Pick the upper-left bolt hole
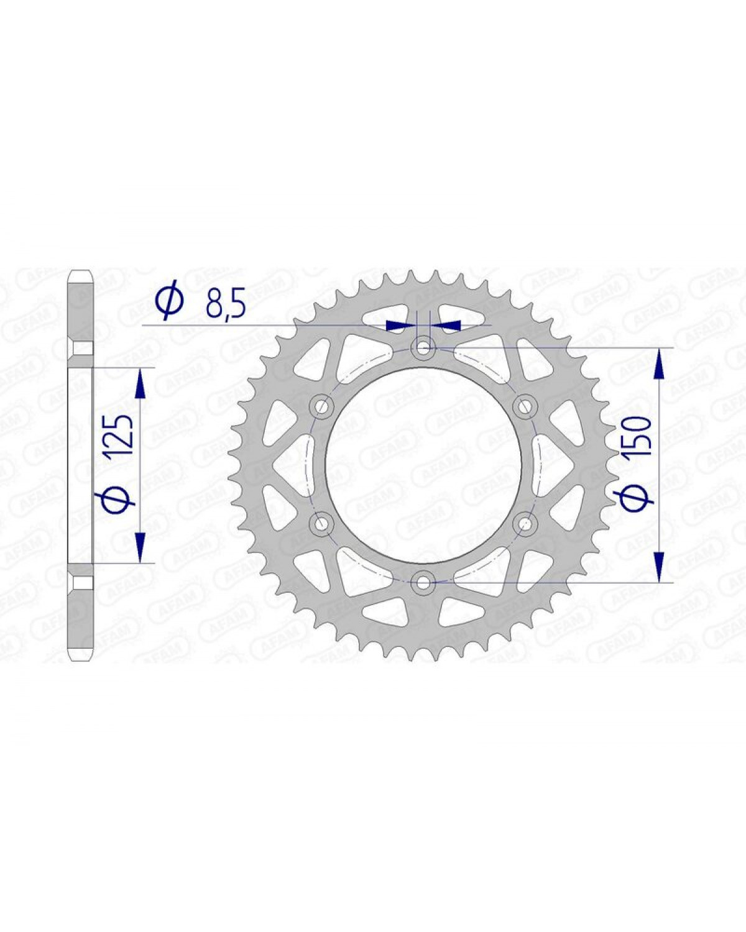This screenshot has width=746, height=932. pos(321,406)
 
